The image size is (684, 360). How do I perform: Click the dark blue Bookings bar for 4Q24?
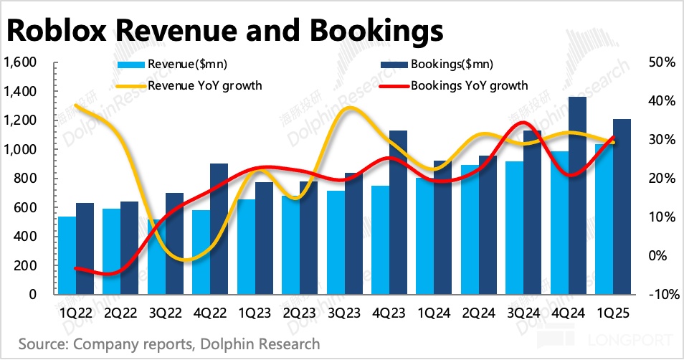[x=578, y=195]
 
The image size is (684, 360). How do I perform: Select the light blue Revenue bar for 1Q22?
[x=67, y=255]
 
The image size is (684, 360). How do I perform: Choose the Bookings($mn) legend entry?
[x=451, y=65]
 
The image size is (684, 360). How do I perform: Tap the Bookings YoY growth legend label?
[x=469, y=85]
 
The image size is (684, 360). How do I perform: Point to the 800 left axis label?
[x=27, y=179]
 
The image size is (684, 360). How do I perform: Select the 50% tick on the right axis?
[x=661, y=62]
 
